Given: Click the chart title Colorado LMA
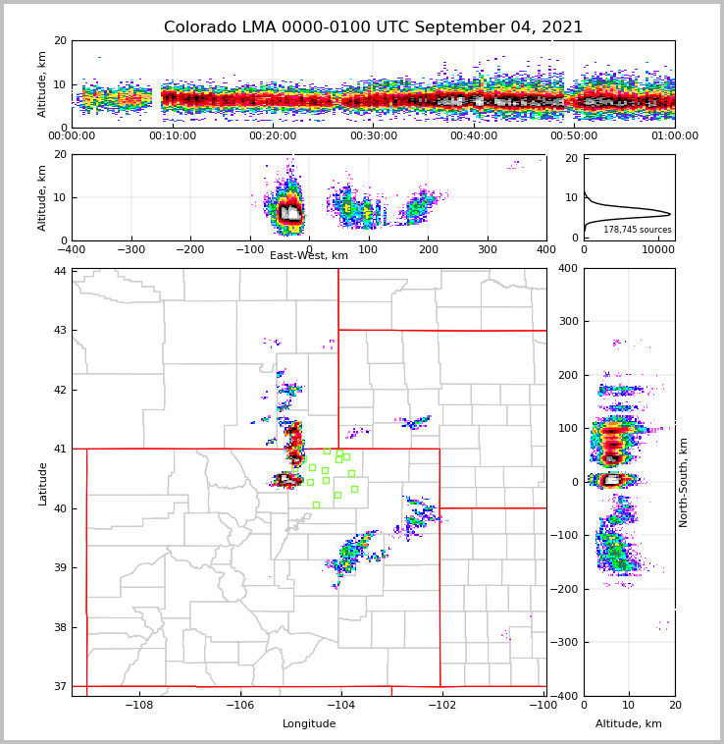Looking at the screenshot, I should tap(373, 27).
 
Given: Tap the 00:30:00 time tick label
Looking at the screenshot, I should tap(373, 136).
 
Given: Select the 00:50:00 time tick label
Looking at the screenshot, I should tap(574, 136).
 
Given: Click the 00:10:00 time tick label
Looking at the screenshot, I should tap(173, 136).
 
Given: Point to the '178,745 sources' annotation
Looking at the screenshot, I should tap(637, 230).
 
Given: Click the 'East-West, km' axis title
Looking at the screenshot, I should tap(309, 256).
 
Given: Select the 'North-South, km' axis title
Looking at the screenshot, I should tap(684, 482).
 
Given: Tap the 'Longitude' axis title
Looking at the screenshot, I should tap(309, 724).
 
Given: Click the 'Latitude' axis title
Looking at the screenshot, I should tap(43, 483).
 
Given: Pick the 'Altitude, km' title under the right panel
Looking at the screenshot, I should tap(629, 724).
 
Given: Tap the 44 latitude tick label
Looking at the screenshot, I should tap(60, 271).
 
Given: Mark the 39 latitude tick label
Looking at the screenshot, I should tap(60, 568).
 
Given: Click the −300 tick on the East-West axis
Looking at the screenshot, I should tap(131, 249).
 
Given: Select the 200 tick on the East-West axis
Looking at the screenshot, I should tap(428, 249).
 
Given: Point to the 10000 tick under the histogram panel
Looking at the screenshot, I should tap(658, 249).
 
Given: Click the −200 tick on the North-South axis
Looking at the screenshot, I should tap(565, 589).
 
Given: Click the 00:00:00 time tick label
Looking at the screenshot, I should tap(72, 136).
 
